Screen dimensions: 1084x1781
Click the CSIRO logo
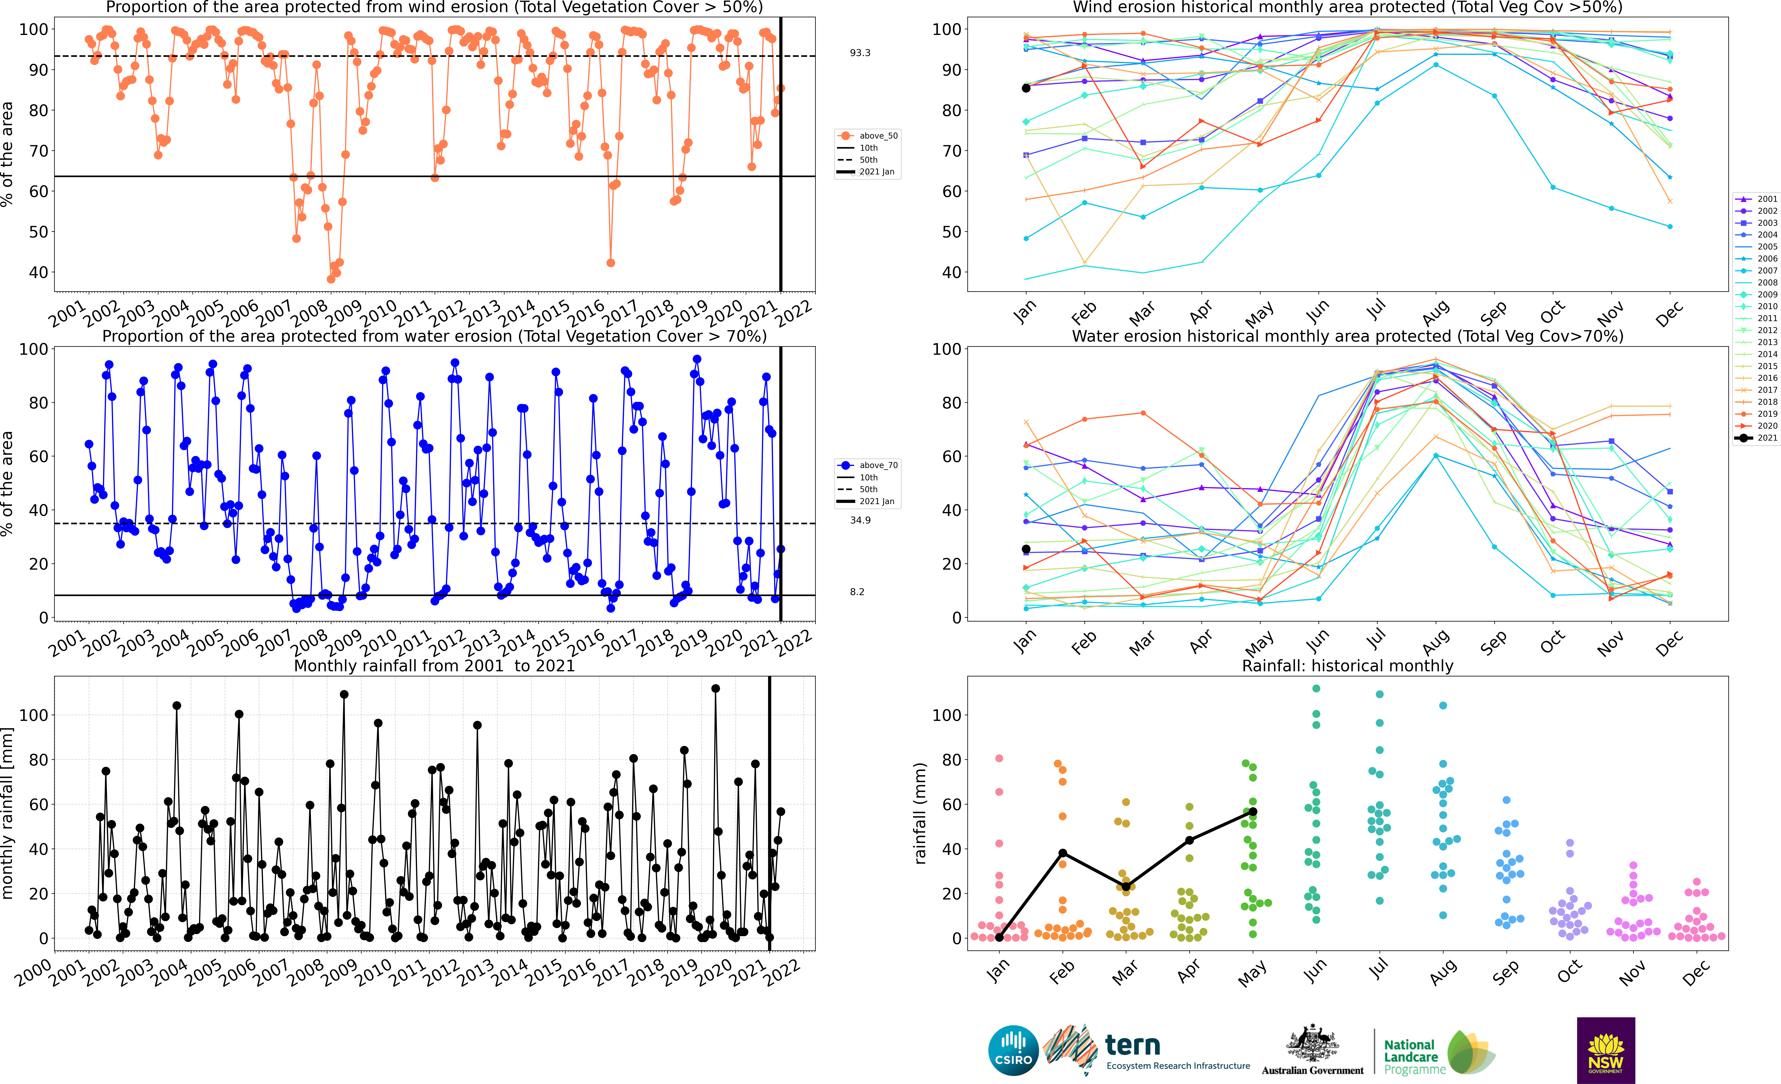[x=1013, y=1050]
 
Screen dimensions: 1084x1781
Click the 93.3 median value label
[x=860, y=53]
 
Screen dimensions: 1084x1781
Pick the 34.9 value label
[x=860, y=520]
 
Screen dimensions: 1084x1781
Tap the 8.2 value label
[x=857, y=592]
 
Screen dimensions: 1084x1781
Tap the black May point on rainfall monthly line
[x=1253, y=812]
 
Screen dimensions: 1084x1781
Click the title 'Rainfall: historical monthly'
[x=1347, y=666]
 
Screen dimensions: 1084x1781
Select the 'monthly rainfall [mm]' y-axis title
[x=8, y=813]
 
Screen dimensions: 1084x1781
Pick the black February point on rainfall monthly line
[x=1063, y=854]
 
